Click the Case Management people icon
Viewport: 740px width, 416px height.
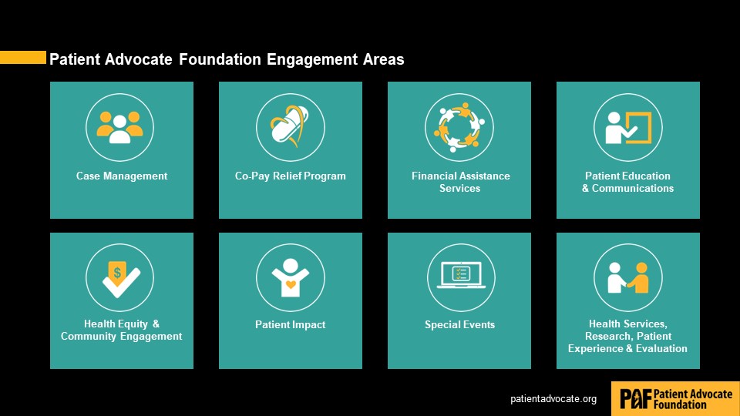pyautogui.click(x=120, y=127)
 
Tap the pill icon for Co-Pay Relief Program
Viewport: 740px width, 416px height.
pyautogui.click(x=290, y=126)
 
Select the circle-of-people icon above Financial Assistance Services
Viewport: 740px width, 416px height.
pyautogui.click(x=459, y=127)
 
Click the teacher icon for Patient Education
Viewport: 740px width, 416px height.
pyautogui.click(x=628, y=127)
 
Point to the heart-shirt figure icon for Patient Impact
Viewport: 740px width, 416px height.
pyautogui.click(x=291, y=277)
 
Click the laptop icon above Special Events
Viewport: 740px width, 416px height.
pyautogui.click(x=461, y=275)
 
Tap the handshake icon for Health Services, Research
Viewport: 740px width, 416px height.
pyautogui.click(x=628, y=278)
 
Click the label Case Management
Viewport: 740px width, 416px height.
pyautogui.click(x=122, y=176)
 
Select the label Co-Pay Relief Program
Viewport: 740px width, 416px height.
pyautogui.click(x=291, y=176)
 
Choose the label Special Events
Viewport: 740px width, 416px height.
pyautogui.click(x=459, y=324)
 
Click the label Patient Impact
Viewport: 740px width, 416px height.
pyautogui.click(x=291, y=324)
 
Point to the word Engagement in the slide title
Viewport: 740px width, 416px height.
pyautogui.click(x=312, y=60)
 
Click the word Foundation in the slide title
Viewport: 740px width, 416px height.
pyautogui.click(x=220, y=59)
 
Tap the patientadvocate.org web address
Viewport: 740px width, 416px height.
pyautogui.click(x=553, y=399)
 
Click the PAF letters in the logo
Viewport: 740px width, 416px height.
pyautogui.click(x=635, y=398)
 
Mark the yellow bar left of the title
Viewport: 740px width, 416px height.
pyautogui.click(x=23, y=57)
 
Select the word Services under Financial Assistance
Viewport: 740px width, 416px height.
pyautogui.click(x=459, y=188)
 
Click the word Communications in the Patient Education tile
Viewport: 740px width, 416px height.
pyautogui.click(x=633, y=188)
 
